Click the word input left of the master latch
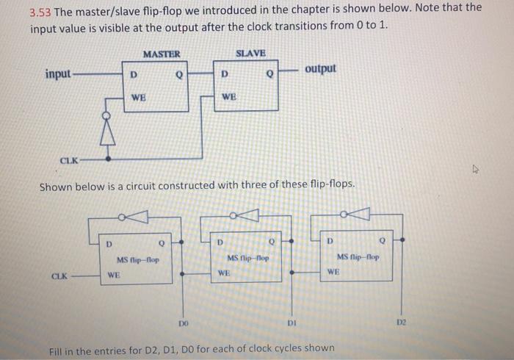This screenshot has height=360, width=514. tap(59, 74)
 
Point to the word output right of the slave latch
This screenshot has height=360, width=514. tap(321, 68)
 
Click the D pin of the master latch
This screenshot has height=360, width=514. tap(133, 73)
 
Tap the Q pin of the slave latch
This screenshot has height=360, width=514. tap(269, 73)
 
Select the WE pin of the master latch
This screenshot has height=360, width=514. tap(137, 97)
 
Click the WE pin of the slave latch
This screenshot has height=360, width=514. tap(228, 97)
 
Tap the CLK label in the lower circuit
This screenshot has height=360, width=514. tap(60, 277)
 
